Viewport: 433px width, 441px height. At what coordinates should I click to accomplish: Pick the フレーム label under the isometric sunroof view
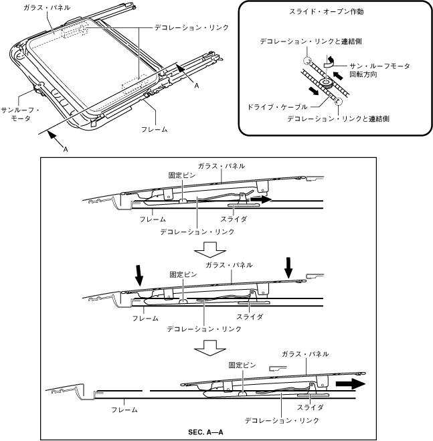[155, 128]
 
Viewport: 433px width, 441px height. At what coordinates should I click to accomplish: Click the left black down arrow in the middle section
[139, 274]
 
